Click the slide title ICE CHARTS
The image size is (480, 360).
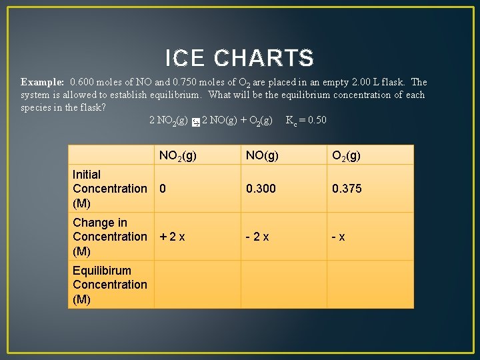[x=239, y=59]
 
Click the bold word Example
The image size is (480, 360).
[x=42, y=82]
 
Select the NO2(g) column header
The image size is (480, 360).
[x=177, y=156]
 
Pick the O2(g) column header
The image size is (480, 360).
[x=347, y=156]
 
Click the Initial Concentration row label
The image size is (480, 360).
[x=110, y=189]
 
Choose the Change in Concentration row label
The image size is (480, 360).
[x=110, y=237]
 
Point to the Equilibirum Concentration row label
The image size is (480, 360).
[x=110, y=285]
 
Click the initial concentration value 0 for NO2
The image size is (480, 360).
[x=163, y=189]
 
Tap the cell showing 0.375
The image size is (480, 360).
[x=347, y=189]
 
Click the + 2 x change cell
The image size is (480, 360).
[x=172, y=237]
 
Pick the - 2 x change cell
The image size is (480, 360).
[x=257, y=237]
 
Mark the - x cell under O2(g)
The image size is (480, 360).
[x=339, y=237]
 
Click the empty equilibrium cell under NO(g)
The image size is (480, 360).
[x=283, y=285]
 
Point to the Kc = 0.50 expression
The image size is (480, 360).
[x=306, y=120]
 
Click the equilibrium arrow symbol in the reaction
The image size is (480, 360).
[x=195, y=121]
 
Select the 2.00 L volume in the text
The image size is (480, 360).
[x=367, y=82]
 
